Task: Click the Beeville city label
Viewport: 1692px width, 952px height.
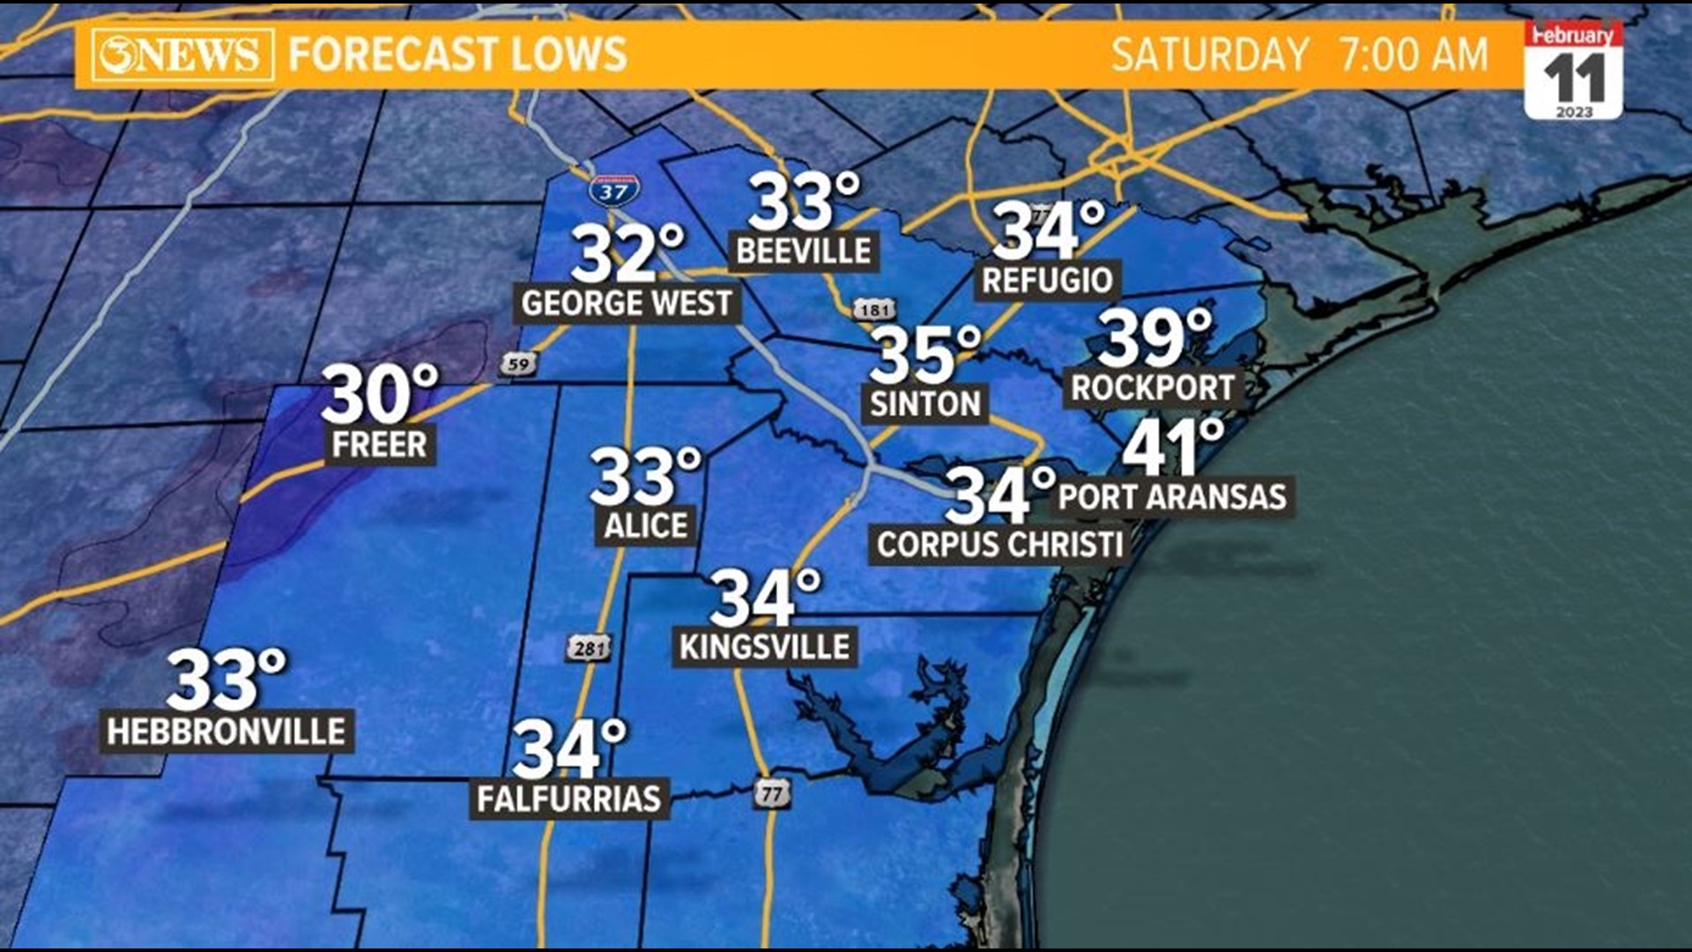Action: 803,251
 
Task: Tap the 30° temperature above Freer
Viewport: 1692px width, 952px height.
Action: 379,394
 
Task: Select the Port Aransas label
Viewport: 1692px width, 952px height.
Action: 1172,497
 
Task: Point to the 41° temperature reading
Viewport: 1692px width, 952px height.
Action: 1172,448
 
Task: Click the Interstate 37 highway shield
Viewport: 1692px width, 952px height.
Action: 614,189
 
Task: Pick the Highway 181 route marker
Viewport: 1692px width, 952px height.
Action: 873,309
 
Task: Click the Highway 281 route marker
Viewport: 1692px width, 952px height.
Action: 588,649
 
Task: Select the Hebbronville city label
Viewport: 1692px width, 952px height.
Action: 226,732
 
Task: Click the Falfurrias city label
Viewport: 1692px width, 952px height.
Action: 568,800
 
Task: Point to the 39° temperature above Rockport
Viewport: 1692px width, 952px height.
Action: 1154,338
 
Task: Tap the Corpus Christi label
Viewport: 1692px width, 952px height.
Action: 999,545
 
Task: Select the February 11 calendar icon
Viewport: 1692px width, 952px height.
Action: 1573,71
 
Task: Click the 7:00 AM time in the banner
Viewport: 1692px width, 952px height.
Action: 1414,55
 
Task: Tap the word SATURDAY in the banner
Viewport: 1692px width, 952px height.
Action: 1209,55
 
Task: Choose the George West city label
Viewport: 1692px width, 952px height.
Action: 627,304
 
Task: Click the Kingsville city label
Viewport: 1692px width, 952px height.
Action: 764,647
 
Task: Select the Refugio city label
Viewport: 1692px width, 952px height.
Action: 1047,281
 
